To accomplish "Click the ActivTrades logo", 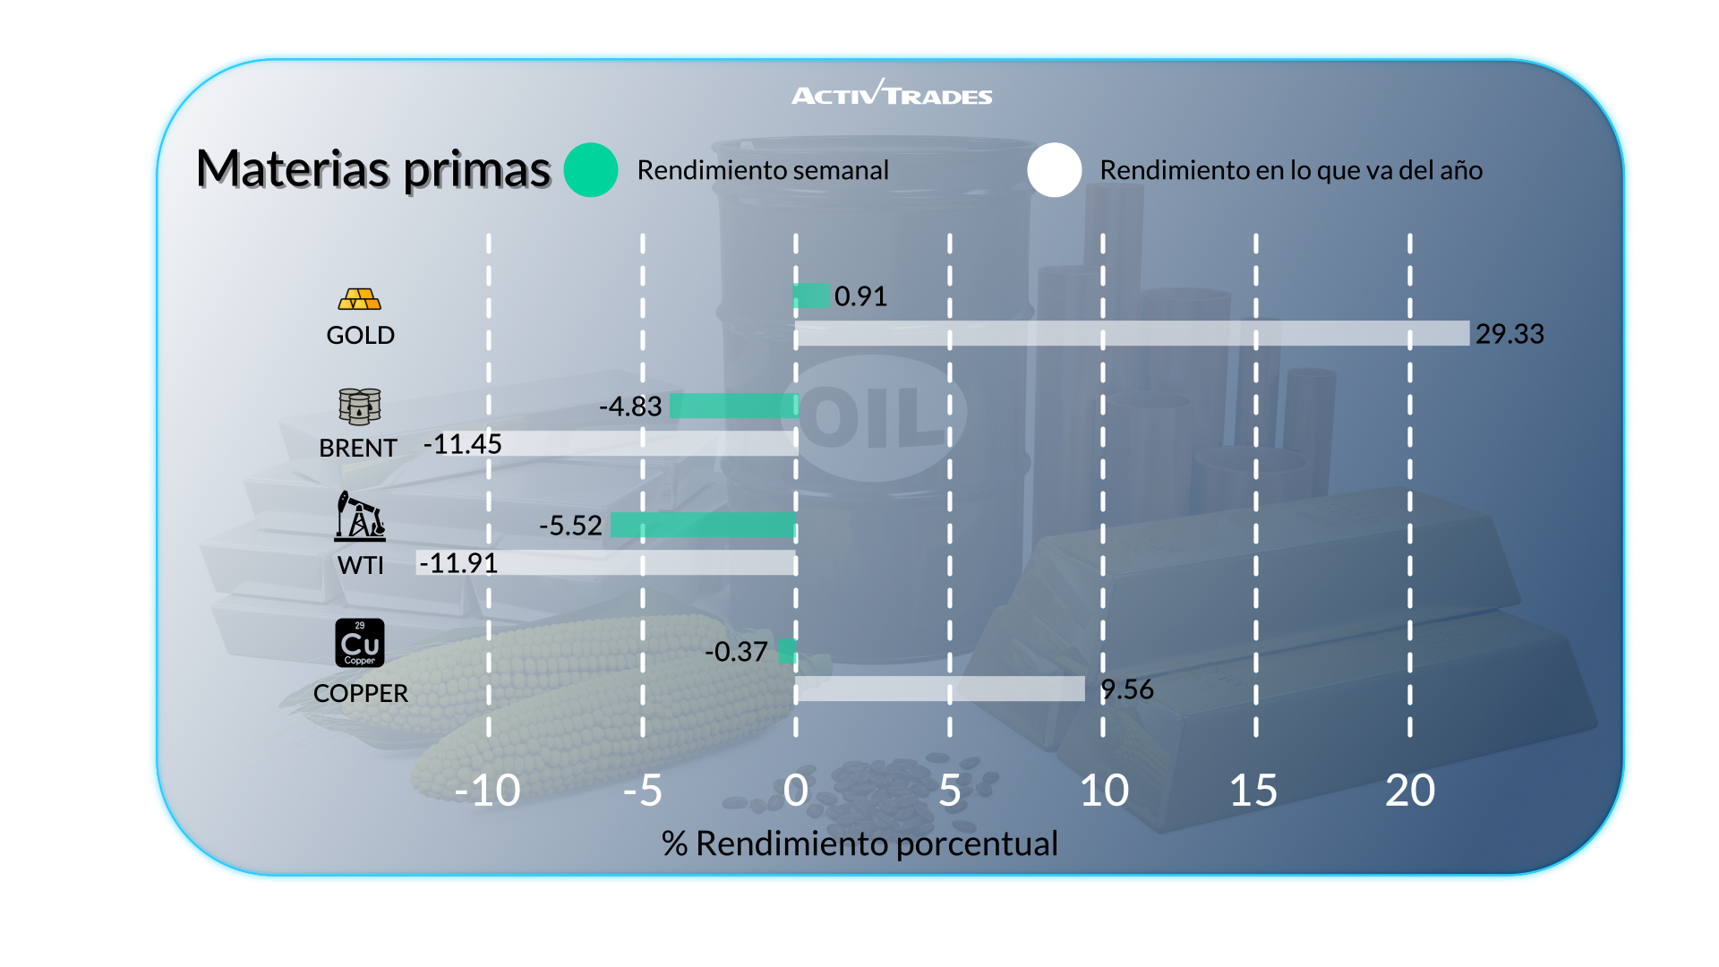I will tap(892, 94).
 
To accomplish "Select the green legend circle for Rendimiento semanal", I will tap(591, 170).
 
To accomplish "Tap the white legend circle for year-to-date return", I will tap(1055, 170).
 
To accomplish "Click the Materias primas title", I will tap(373, 169).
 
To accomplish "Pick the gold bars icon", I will tap(360, 299).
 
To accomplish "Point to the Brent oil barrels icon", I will tap(360, 406).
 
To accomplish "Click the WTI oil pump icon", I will tap(360, 516).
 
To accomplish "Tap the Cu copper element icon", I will tap(360, 643).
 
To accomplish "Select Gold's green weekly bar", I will tap(812, 295).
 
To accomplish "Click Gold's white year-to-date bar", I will tap(1133, 333).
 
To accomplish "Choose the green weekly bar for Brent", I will tap(733, 406).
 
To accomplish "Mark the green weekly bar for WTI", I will tap(703, 525).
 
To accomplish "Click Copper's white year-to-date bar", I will tap(940, 689).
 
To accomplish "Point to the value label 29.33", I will tap(1509, 334).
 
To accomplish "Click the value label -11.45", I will tap(463, 444).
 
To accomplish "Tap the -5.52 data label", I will tap(570, 526).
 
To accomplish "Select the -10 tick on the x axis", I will tap(487, 791).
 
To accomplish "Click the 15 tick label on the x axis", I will tap(1253, 791).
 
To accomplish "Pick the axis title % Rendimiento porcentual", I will tap(859, 843).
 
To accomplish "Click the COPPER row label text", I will tap(360, 693).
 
